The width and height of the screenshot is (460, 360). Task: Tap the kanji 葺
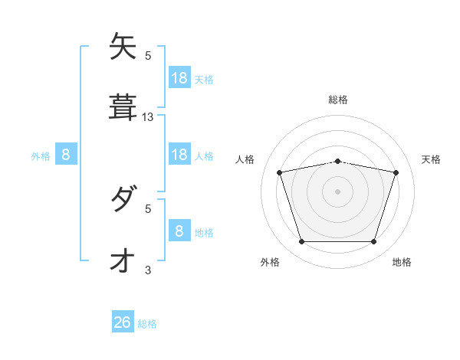click(123, 107)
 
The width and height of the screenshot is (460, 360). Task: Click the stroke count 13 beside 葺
click(148, 117)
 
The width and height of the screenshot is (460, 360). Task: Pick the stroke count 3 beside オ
click(148, 270)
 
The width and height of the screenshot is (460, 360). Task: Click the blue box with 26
click(123, 322)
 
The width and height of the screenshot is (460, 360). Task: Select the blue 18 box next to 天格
click(179, 78)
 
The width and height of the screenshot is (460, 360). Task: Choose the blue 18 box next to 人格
click(179, 155)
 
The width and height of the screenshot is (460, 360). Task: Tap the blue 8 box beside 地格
click(179, 231)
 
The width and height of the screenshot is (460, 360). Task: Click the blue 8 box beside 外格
click(66, 155)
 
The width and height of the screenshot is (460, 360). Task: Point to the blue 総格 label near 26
click(147, 324)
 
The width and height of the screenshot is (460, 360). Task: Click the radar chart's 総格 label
click(338, 100)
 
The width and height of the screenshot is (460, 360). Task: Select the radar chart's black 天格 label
click(431, 159)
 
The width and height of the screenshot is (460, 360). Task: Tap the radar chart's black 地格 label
click(402, 262)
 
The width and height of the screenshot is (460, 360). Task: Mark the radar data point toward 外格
click(301, 242)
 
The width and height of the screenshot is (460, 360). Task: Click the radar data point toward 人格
click(279, 172)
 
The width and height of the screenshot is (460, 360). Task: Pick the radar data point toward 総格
click(338, 161)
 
